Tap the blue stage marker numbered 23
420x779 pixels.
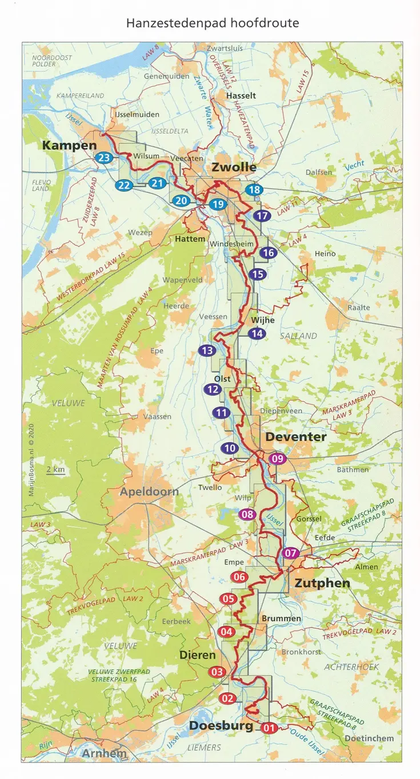point(104,158)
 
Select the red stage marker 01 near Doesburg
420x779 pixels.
point(270,728)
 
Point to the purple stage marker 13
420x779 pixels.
point(207,350)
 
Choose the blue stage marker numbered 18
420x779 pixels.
point(254,190)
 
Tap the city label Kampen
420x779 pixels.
point(69,146)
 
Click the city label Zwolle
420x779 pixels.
point(234,167)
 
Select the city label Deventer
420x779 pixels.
point(295,437)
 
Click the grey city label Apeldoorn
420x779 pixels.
point(149,491)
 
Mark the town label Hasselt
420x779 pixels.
point(241,96)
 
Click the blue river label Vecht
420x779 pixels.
point(354,167)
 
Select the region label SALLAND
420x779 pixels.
point(298,336)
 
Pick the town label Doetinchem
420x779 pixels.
point(369,738)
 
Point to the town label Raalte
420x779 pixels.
point(359,308)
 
